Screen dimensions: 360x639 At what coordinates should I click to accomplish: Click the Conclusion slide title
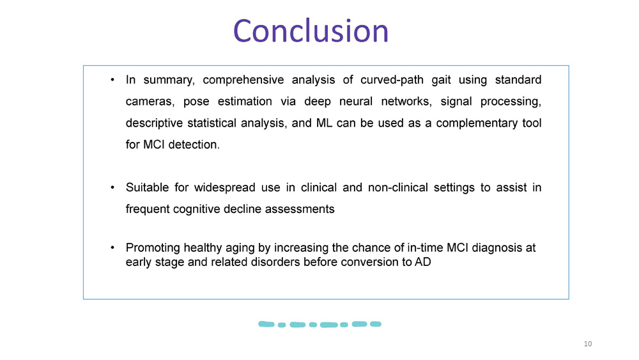click(x=311, y=31)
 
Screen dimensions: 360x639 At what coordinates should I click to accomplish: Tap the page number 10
click(x=588, y=344)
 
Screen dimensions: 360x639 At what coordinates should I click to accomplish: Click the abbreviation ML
click(x=323, y=123)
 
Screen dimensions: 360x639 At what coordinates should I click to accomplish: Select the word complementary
click(x=477, y=123)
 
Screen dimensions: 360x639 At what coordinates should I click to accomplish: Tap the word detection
click(x=194, y=145)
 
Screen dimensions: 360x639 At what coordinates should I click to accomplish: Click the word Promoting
click(x=152, y=247)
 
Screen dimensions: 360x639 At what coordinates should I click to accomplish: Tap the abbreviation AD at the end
click(x=423, y=262)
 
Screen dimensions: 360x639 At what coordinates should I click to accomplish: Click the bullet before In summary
click(x=112, y=81)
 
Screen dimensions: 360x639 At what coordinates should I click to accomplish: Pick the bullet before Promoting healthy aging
click(x=112, y=247)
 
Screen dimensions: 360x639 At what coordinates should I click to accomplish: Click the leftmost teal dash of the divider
click(x=266, y=324)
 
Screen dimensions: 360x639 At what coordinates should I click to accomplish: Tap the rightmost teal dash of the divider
click(x=376, y=324)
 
